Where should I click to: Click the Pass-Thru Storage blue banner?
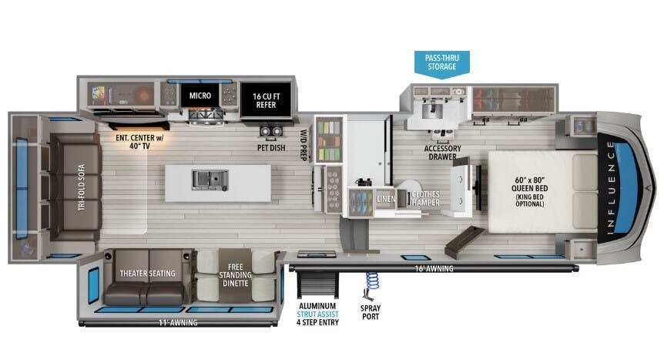pyautogui.click(x=441, y=64)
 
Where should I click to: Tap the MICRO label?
pyautogui.click(x=200, y=96)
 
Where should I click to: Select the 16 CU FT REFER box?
pyautogui.click(x=266, y=100)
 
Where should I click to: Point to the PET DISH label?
pyautogui.click(x=271, y=148)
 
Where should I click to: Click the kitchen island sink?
pyautogui.click(x=210, y=180)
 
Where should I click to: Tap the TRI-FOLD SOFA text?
pyautogui.click(x=82, y=187)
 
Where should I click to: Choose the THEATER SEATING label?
pyautogui.click(x=147, y=274)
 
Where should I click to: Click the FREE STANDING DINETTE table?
pyautogui.click(x=235, y=275)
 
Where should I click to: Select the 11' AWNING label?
pyautogui.click(x=178, y=323)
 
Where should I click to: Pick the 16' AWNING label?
pyautogui.click(x=434, y=268)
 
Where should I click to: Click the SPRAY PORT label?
pyautogui.click(x=371, y=312)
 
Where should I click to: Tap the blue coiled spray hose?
pyautogui.click(x=372, y=281)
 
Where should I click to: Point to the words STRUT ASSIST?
pyautogui.click(x=317, y=315)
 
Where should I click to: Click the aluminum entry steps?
pyautogui.click(x=317, y=284)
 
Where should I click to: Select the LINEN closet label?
pyautogui.click(x=386, y=199)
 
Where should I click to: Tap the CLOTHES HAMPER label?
pyautogui.click(x=425, y=198)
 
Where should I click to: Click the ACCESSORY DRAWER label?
pyautogui.click(x=442, y=153)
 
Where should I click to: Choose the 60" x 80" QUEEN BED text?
pyautogui.click(x=529, y=184)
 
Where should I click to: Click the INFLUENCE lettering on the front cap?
pyautogui.click(x=610, y=188)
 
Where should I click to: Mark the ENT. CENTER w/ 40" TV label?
pyautogui.click(x=139, y=142)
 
